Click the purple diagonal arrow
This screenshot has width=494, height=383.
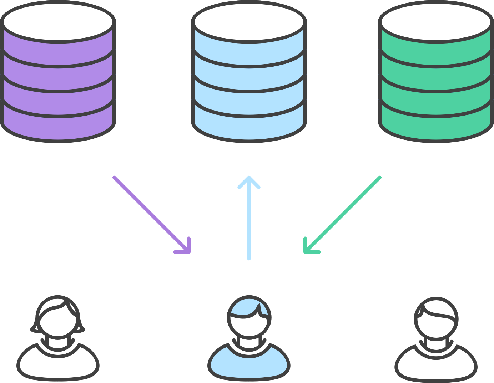click(x=150, y=213)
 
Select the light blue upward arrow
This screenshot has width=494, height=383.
click(x=249, y=221)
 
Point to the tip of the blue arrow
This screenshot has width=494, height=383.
click(x=249, y=178)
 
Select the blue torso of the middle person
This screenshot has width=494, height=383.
click(x=249, y=364)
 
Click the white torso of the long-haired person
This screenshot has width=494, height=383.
click(x=58, y=364)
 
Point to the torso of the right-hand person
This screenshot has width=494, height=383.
click(x=436, y=364)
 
